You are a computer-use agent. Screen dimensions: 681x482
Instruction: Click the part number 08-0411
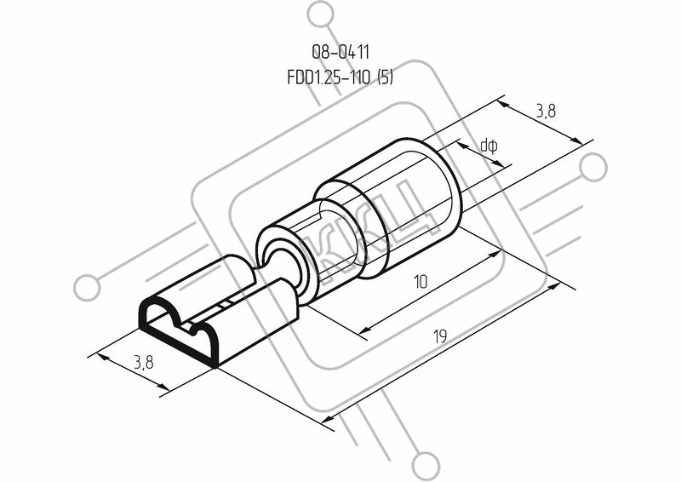pyautogui.click(x=340, y=52)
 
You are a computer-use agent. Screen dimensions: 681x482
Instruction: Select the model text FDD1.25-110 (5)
pyautogui.click(x=340, y=77)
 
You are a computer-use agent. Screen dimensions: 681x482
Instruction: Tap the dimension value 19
pyautogui.click(x=440, y=336)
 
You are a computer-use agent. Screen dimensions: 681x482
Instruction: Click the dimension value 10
pyautogui.click(x=421, y=282)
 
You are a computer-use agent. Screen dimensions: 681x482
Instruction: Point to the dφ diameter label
pyautogui.click(x=489, y=146)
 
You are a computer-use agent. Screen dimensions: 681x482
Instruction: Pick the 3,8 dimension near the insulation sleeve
pyautogui.click(x=546, y=112)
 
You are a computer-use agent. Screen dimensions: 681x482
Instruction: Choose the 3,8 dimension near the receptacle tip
pyautogui.click(x=143, y=362)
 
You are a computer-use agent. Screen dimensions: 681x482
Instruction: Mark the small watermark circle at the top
pyautogui.click(x=322, y=14)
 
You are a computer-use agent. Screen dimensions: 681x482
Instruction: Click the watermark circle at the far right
pyautogui.click(x=593, y=167)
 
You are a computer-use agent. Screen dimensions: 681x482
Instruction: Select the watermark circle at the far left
pyautogui.click(x=87, y=288)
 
